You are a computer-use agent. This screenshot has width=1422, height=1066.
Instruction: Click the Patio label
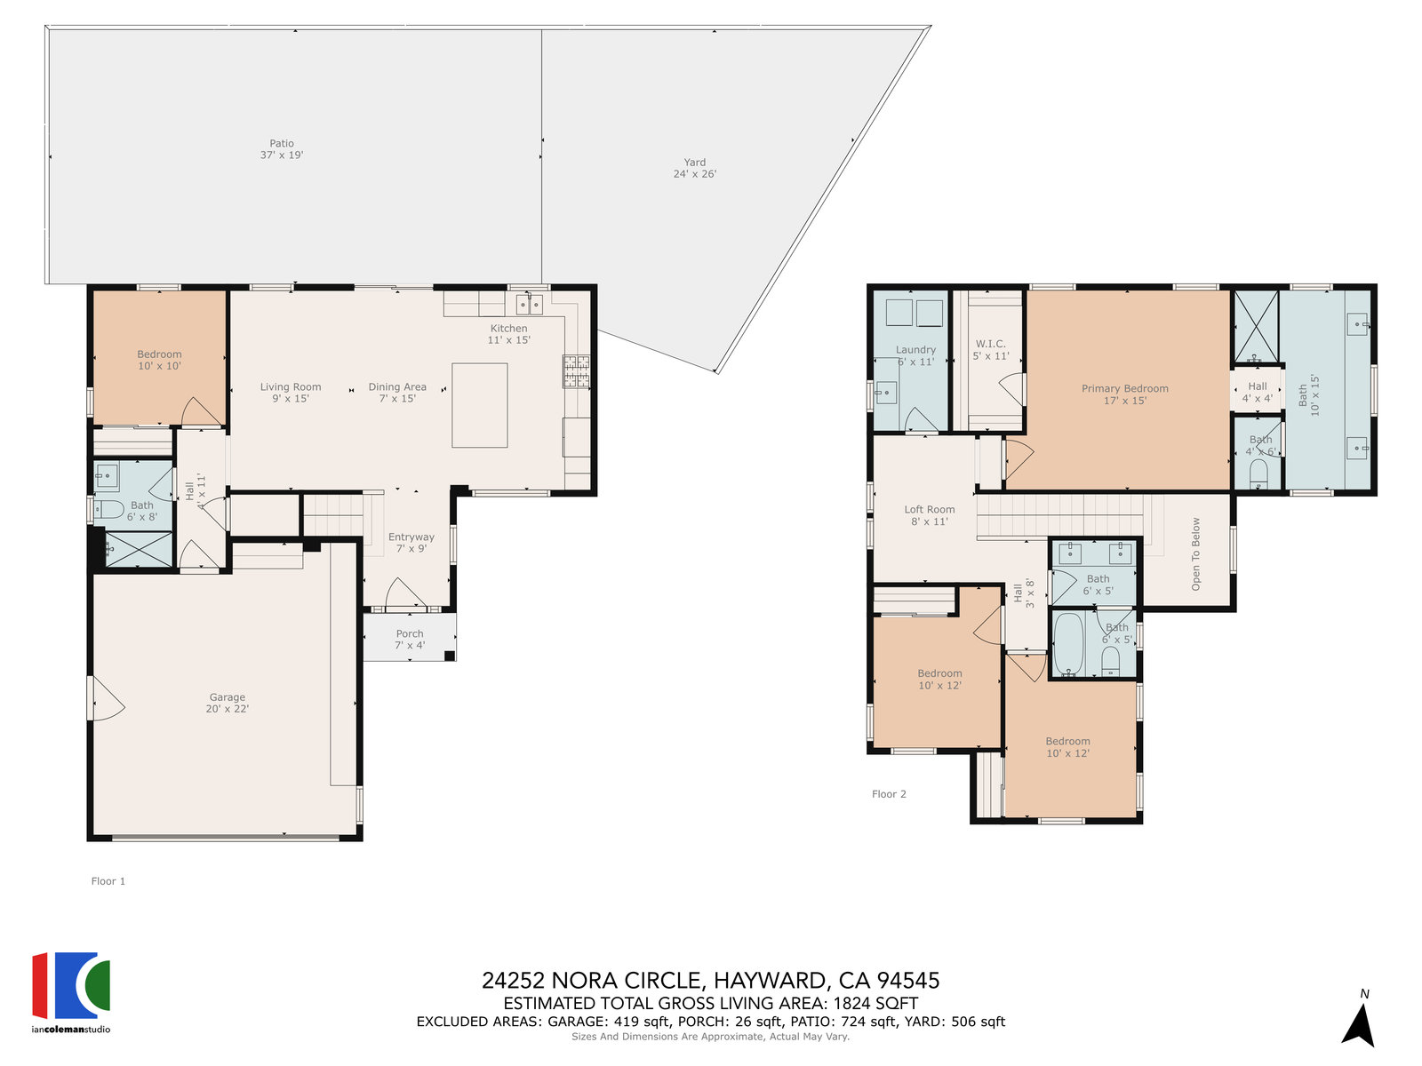point(281,149)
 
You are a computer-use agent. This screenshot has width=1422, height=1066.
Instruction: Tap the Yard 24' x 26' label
point(694,168)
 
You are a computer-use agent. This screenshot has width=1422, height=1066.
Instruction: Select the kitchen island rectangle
point(479,405)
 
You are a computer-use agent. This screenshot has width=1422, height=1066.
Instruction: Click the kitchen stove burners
point(576,371)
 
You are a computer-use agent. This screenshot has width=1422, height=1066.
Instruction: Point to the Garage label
point(227,703)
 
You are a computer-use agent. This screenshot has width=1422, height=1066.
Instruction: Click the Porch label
point(410,639)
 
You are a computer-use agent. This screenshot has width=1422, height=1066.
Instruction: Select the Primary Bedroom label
point(1124,394)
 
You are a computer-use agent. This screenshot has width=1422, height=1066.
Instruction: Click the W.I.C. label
point(991,349)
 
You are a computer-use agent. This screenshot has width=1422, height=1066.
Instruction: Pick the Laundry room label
point(915,355)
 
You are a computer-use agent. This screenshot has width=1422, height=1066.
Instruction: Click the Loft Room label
point(929,515)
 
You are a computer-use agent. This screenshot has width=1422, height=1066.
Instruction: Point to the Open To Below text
point(1195,554)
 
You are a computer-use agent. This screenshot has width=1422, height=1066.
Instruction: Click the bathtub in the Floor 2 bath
point(1068,644)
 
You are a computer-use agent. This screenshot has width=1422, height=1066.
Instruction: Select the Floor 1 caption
point(108,881)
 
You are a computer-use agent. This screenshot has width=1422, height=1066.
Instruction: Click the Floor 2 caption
point(889,793)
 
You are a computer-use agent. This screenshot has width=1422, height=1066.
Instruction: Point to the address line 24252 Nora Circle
point(711,981)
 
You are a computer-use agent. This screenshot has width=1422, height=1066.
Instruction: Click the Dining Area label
point(397,393)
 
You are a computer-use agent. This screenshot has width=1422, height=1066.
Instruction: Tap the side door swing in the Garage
point(107,698)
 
